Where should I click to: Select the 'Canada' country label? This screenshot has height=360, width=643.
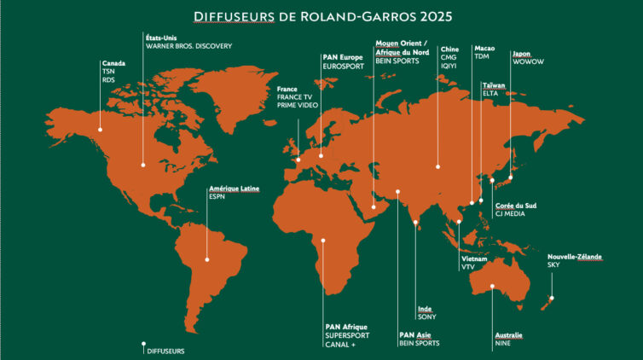(x=113, y=63)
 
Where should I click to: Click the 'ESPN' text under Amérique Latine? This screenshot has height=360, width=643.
(x=217, y=196)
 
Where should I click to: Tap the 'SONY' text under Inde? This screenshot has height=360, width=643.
(x=426, y=316)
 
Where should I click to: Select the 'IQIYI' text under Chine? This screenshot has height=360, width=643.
(x=449, y=65)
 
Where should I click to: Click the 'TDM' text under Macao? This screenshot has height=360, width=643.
(x=482, y=56)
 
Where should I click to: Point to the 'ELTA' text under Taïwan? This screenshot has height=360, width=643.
(x=491, y=95)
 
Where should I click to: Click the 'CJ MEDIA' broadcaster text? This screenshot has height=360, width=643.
(x=510, y=214)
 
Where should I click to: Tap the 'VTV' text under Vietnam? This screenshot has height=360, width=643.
(x=467, y=267)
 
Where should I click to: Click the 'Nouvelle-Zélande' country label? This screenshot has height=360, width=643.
(x=574, y=257)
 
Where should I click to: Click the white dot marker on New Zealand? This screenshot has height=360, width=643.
(x=552, y=298)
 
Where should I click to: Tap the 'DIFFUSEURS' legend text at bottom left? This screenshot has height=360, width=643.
(x=165, y=350)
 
